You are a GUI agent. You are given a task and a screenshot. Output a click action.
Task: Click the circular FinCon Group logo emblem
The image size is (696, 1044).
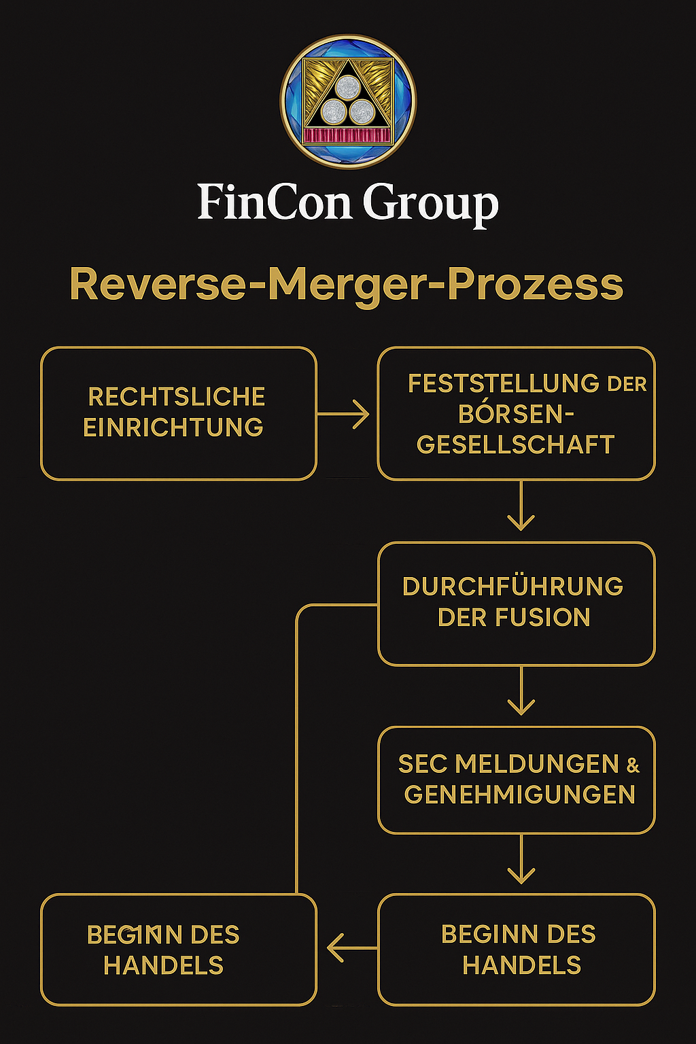[x=348, y=102]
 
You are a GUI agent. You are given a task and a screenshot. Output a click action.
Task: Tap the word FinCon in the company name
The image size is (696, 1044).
[x=274, y=202]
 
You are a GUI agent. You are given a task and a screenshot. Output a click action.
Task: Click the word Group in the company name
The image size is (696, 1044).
[x=430, y=203]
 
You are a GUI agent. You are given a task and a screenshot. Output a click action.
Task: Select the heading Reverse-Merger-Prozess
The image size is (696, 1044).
[x=347, y=283]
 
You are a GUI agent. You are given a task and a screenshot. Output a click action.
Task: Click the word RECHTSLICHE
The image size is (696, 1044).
[x=177, y=396]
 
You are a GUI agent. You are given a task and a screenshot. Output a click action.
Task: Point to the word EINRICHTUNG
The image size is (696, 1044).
[x=173, y=427]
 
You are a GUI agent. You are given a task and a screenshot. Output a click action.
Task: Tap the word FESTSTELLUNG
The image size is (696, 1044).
[x=504, y=383]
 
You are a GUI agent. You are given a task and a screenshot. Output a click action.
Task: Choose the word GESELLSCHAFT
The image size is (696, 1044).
[x=516, y=445]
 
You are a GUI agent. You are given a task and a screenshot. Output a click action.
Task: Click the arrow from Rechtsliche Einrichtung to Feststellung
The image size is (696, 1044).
[x=344, y=413]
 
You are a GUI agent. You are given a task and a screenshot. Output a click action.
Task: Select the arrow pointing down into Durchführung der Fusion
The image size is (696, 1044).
[x=521, y=507]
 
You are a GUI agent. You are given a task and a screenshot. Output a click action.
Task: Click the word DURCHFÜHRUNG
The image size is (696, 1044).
[x=512, y=586]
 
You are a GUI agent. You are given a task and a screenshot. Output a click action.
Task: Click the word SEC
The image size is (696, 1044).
[x=423, y=764]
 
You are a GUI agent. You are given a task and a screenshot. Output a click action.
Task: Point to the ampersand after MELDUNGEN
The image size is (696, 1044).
[x=633, y=766]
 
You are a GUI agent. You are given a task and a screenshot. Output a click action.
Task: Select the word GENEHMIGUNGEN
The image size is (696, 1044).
[x=520, y=795]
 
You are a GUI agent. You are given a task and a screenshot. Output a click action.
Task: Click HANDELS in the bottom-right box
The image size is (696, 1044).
[x=522, y=965]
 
